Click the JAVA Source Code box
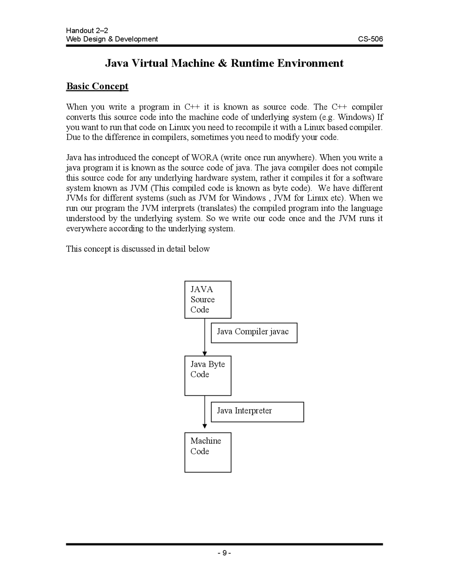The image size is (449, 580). pos(208,299)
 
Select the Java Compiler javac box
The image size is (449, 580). pos(254,333)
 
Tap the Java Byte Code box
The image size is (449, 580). pos(208,375)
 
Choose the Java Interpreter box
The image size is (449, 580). pos(257,412)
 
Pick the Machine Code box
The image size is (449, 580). pos(208,452)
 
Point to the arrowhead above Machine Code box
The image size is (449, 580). pos(205,426)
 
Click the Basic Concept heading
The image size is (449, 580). pos(97,86)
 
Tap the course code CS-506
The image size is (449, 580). pos(370,39)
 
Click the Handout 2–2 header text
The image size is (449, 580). pos(84,31)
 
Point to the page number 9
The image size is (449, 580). pos(224,553)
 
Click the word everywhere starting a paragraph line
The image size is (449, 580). pos(87,229)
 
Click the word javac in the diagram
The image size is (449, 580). pos(279,332)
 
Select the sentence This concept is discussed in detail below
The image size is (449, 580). pos(138,249)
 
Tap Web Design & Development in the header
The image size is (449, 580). pos(112,39)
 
